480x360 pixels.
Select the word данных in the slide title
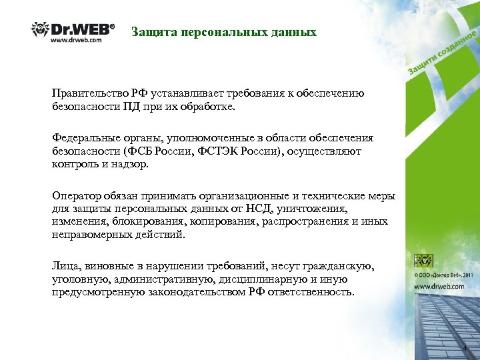(x=291, y=32)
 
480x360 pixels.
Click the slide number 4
(x=465, y=349)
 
